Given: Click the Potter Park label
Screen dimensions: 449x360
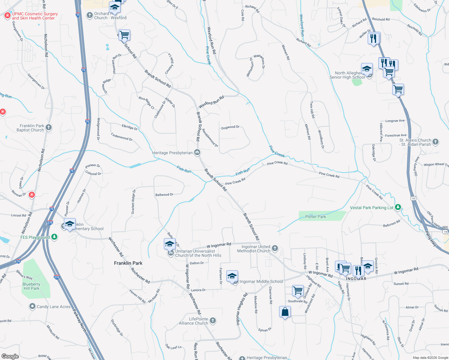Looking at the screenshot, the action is (x=315, y=217).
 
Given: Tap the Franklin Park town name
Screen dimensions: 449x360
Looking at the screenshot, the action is (x=128, y=263).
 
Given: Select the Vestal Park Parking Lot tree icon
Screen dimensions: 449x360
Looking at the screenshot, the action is (x=398, y=207).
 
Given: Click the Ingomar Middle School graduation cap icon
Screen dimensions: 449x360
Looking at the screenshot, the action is (x=232, y=276).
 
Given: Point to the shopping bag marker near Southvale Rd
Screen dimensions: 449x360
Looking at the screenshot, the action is (x=285, y=312).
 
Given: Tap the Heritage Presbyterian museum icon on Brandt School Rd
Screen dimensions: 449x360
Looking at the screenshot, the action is (x=197, y=153).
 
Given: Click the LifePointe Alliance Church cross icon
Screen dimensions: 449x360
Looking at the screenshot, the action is (x=213, y=321).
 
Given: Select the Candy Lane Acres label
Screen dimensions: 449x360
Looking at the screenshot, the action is (x=54, y=307).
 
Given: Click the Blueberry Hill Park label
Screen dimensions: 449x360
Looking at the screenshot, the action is (x=31, y=286).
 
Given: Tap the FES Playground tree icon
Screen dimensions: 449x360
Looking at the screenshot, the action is (x=54, y=237).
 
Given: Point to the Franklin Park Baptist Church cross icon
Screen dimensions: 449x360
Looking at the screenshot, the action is (x=49, y=127).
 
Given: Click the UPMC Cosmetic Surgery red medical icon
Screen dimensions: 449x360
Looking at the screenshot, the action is (x=8, y=16).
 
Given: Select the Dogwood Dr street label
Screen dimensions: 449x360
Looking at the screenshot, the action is (x=230, y=127).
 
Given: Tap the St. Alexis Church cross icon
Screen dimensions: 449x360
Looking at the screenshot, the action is (x=436, y=142).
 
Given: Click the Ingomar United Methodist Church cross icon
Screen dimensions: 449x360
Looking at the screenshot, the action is (x=275, y=248).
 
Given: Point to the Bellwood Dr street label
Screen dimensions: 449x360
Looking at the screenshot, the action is (x=164, y=195).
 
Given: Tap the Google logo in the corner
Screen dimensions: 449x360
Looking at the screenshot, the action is (x=10, y=356).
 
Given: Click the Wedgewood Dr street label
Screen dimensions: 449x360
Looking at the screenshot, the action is (x=98, y=129).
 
